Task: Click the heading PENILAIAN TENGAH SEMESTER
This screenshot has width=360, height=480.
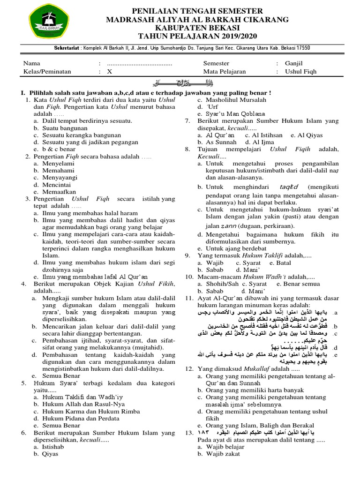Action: tap(191, 11)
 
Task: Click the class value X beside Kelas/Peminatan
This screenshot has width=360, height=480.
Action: tap(110, 72)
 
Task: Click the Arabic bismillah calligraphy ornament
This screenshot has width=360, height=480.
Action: tap(180, 83)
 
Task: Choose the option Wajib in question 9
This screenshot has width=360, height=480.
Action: tap(216, 263)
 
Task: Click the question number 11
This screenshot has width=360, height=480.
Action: tap(189, 299)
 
